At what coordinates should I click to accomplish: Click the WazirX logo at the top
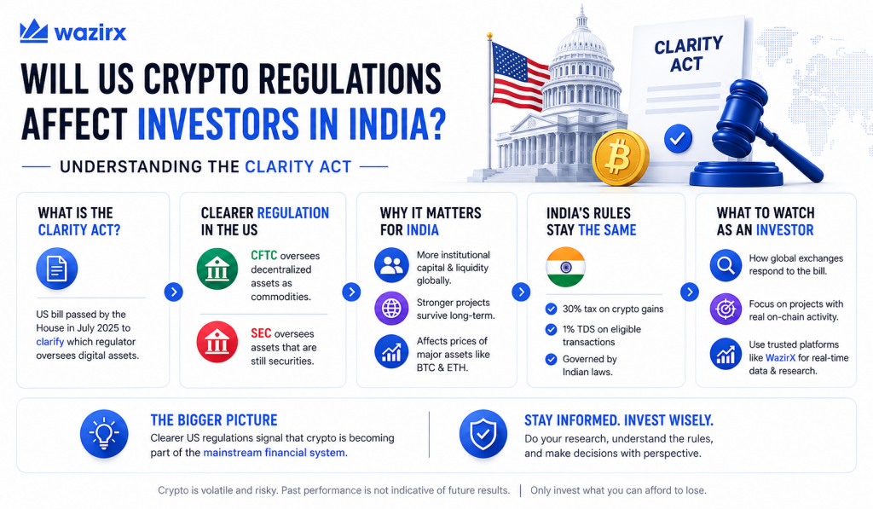73,32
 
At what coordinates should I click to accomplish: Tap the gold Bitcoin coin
621,158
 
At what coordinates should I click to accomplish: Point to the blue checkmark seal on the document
678,139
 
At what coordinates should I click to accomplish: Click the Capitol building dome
581,55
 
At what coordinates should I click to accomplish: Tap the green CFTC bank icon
217,269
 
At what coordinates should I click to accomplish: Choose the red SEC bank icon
217,342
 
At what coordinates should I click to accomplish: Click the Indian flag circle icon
566,267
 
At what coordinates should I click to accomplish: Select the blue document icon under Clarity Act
57,269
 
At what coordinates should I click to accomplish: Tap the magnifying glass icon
726,265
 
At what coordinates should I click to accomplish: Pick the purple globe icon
391,308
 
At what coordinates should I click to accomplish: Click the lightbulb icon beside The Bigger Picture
104,434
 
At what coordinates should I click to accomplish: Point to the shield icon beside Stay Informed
483,434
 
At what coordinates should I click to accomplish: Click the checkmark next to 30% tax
552,309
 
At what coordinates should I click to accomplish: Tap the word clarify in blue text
50,341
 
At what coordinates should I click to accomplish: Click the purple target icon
726,309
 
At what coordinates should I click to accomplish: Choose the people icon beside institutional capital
391,265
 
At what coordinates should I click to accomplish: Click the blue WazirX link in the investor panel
781,357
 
